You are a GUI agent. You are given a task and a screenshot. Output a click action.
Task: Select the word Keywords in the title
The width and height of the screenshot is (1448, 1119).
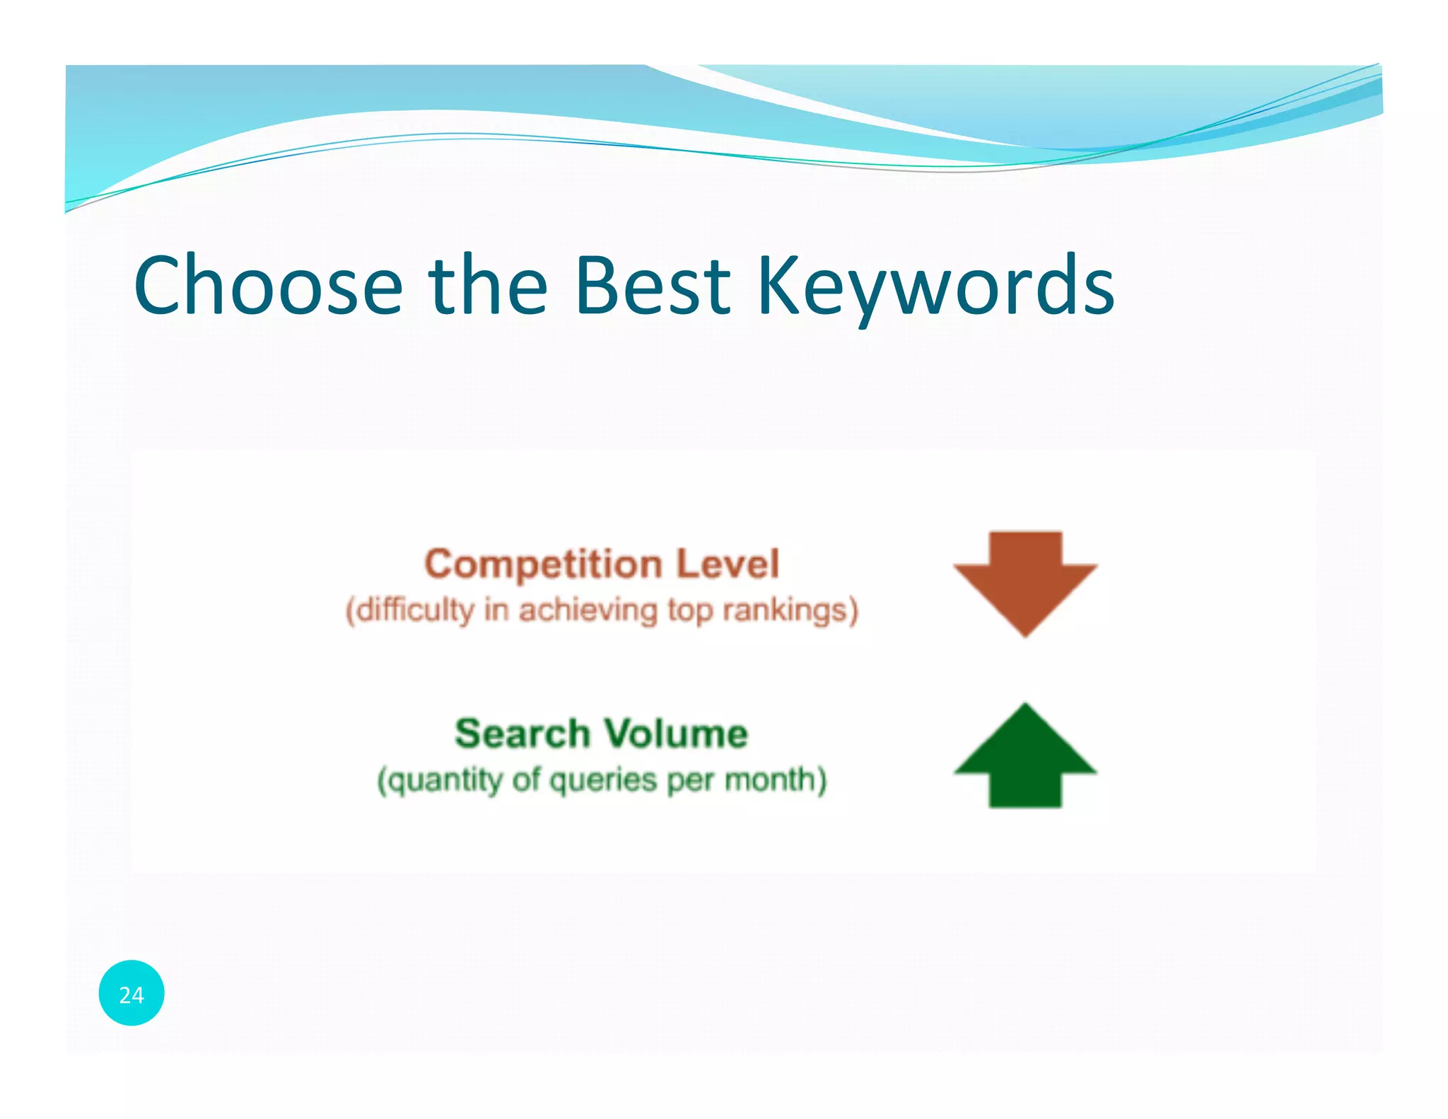pyautogui.click(x=935, y=286)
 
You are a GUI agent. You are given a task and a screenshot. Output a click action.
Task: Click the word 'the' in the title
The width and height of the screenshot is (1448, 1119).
pyautogui.click(x=488, y=286)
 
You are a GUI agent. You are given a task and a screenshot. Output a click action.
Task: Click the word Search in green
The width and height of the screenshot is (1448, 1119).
pyautogui.click(x=522, y=734)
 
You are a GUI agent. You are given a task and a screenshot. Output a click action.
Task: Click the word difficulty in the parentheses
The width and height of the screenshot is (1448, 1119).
pyautogui.click(x=414, y=610)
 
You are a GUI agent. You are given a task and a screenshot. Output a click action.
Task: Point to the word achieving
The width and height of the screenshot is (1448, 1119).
pyautogui.click(x=588, y=610)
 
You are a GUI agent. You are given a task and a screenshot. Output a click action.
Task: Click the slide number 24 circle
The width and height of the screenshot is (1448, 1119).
pyautogui.click(x=132, y=994)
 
